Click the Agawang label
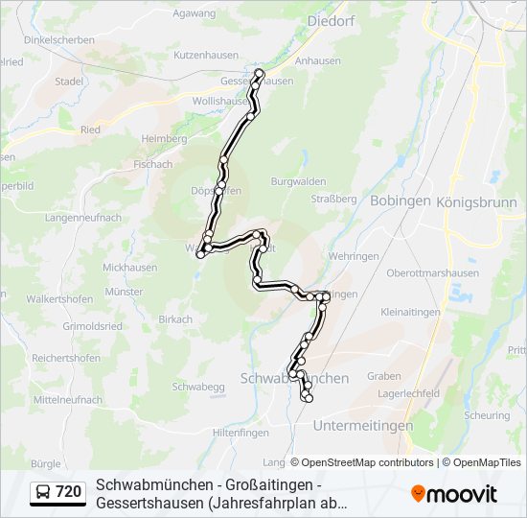pos(194,14)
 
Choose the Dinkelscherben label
pos(58,40)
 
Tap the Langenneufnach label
pos(83,218)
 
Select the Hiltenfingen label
pos(238,433)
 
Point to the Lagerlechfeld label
pos(409,393)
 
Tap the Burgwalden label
pos(299,181)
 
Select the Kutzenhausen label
pos(205,57)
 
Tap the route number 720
pos(69,492)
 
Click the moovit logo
pos(454,494)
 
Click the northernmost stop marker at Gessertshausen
pos(259,72)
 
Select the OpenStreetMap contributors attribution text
pos(361,462)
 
